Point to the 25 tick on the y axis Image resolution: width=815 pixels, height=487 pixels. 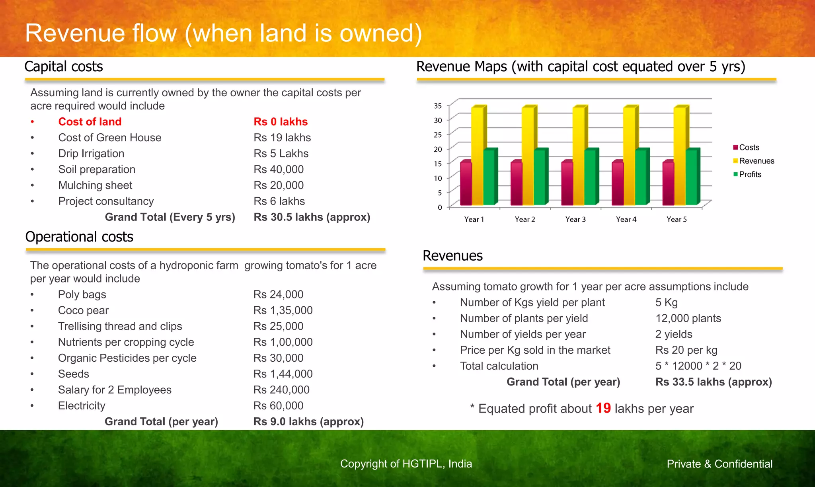point(438,134)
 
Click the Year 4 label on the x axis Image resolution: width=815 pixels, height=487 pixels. point(626,219)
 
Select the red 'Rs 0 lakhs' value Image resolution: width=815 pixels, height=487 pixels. point(281,122)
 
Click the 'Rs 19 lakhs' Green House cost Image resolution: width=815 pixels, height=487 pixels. point(282,138)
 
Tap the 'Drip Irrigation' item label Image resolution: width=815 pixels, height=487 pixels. point(91,154)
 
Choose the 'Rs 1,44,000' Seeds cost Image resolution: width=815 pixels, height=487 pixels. point(283,374)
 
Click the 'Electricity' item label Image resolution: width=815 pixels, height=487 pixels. point(82,406)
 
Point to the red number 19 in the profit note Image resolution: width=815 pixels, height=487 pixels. point(603,408)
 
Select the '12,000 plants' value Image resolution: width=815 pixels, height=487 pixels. point(688,318)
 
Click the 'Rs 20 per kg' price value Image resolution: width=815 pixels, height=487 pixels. point(686,350)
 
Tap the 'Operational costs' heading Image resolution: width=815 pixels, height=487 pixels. point(79,237)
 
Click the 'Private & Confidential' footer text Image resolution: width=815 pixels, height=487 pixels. point(719,464)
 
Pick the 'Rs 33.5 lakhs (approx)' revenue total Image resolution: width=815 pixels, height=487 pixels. point(714,382)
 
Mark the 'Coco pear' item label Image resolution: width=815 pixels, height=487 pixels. point(83,310)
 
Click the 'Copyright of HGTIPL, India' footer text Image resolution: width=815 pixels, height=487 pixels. point(406,464)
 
